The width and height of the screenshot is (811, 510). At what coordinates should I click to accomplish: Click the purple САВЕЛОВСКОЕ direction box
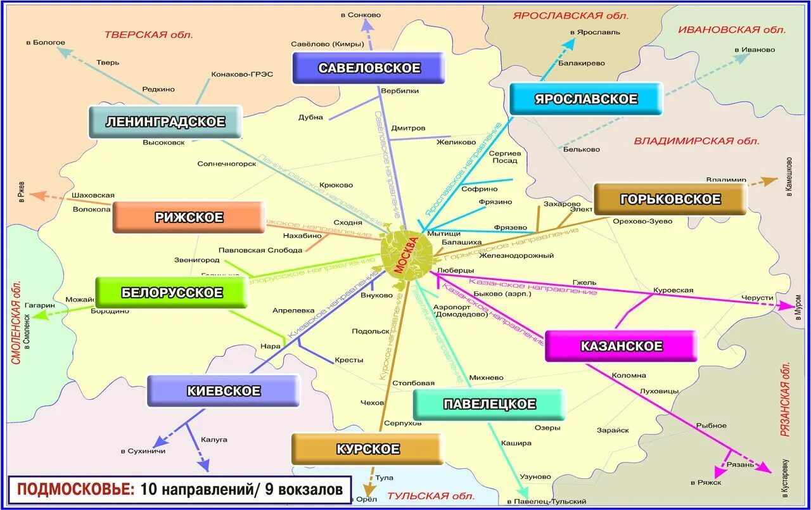coord(369,68)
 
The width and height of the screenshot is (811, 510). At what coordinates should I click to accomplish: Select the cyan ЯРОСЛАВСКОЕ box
coord(585,99)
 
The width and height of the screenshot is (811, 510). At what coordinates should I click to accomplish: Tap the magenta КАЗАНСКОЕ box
coord(621,346)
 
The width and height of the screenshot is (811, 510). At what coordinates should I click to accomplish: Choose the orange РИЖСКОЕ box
coord(188,217)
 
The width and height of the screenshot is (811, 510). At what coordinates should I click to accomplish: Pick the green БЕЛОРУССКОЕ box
coord(171,292)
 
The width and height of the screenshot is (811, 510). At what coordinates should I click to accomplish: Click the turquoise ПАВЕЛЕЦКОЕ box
coord(489,404)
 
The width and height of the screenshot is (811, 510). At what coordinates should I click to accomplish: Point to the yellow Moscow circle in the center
coord(407,253)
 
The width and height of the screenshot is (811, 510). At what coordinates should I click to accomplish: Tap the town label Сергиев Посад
coord(505,156)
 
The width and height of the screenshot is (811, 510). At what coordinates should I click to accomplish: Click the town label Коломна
coord(629,375)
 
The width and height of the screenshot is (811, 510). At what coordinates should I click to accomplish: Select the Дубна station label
coord(310,117)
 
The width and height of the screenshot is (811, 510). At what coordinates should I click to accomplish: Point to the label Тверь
coord(108,63)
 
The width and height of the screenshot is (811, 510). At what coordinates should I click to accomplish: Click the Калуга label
coord(214,439)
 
